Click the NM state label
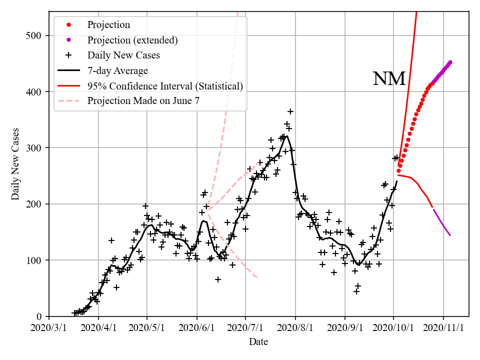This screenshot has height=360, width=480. point(389,79)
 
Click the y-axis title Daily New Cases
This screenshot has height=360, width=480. point(15,164)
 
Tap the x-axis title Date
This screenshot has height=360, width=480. point(258,342)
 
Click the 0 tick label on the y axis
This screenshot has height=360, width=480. point(39,316)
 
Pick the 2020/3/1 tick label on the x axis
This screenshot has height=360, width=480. point(49,327)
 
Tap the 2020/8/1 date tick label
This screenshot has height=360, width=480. point(295,327)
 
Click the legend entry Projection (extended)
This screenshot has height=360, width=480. point(132,40)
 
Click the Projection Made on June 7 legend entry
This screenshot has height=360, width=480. point(143,101)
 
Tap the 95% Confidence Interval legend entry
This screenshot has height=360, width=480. point(165,86)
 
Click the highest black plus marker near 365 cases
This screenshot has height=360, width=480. point(290,111)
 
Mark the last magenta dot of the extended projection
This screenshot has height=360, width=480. point(450,62)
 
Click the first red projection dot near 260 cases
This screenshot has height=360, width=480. point(398,171)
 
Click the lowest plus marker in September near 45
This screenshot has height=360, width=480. point(356,291)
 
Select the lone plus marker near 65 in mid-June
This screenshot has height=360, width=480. point(218,279)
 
